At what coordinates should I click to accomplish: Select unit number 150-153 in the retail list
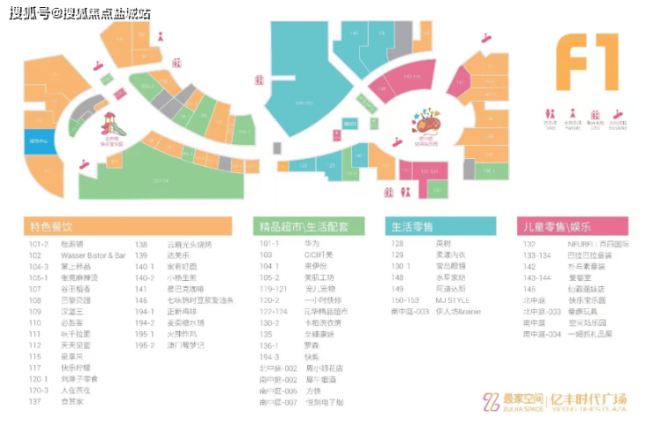[404, 300]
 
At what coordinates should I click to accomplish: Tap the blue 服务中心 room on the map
[40, 141]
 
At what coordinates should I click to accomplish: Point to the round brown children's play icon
[425, 120]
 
